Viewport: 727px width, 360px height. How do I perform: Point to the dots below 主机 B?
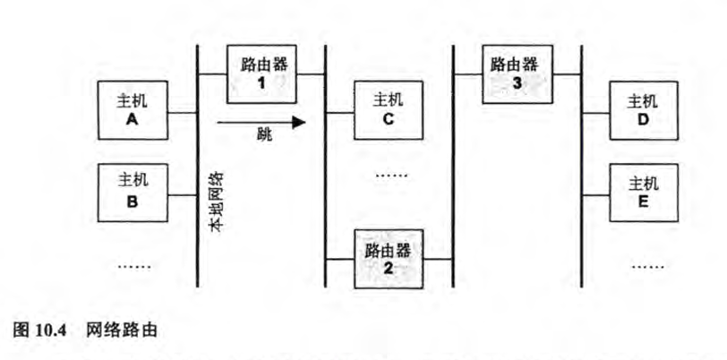(134, 264)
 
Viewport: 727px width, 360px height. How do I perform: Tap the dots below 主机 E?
(645, 265)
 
